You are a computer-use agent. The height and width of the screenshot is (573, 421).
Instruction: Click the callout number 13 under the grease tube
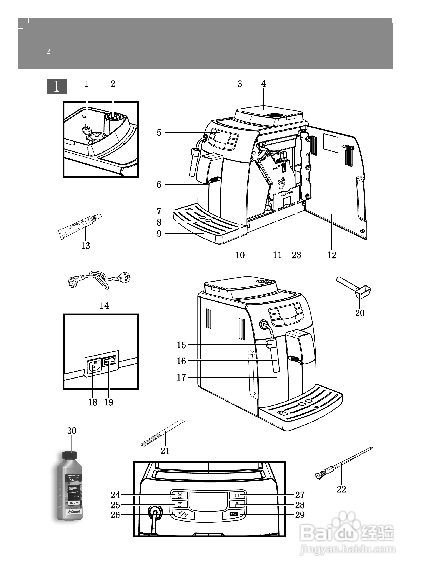click(x=85, y=245)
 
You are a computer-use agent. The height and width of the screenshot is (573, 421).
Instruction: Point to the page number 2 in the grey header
click(x=48, y=51)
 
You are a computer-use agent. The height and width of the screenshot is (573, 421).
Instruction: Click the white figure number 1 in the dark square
click(x=57, y=87)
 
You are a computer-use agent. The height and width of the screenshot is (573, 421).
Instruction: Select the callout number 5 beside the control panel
click(x=159, y=133)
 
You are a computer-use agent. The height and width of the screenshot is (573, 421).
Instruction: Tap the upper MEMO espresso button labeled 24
click(x=180, y=495)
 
